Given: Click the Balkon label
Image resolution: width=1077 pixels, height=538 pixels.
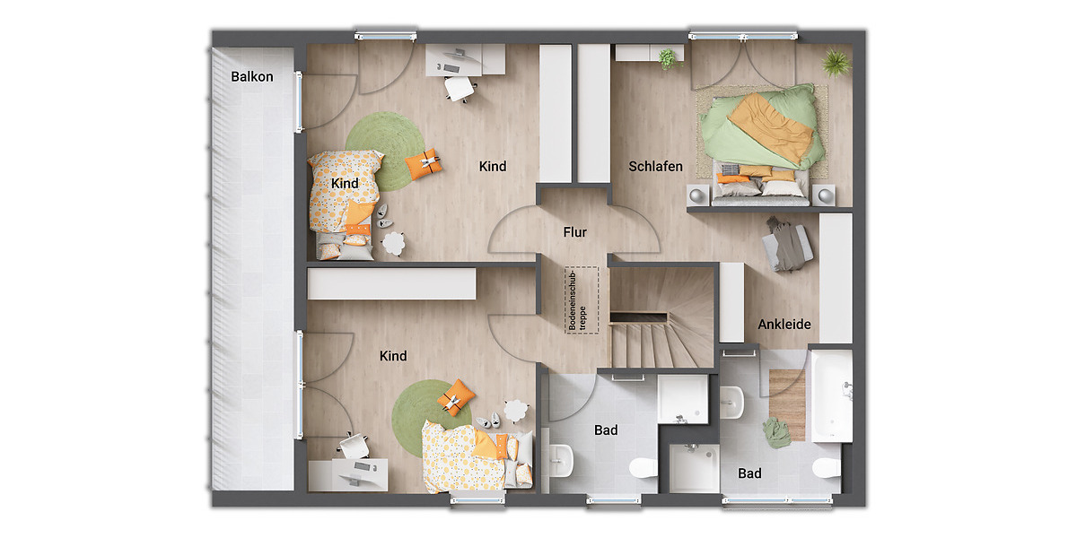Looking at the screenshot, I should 252,77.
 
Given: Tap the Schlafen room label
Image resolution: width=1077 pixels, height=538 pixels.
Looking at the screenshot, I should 655,167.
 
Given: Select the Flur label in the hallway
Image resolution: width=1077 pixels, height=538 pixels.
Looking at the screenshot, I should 574,232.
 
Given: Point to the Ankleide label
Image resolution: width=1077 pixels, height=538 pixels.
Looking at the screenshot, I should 784,325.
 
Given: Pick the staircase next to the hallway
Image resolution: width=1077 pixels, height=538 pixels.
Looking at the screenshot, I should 661,323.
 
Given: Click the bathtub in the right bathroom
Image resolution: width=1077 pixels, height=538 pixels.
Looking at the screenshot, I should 830,395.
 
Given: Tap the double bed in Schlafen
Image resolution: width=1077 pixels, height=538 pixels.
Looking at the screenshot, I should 764,139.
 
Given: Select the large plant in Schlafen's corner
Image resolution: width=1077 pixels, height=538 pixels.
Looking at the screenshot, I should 836,62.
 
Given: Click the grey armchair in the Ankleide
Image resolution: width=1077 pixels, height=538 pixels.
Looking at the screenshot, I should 788,243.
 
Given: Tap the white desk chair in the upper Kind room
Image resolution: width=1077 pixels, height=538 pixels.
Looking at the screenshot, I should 460,88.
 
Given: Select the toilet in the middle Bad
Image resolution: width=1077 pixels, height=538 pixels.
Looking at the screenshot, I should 643,467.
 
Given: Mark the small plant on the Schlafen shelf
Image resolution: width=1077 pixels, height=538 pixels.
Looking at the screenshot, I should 667,59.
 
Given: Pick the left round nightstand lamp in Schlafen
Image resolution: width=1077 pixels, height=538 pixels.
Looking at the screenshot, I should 698,195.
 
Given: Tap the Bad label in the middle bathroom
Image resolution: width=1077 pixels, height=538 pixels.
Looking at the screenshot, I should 606,430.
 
